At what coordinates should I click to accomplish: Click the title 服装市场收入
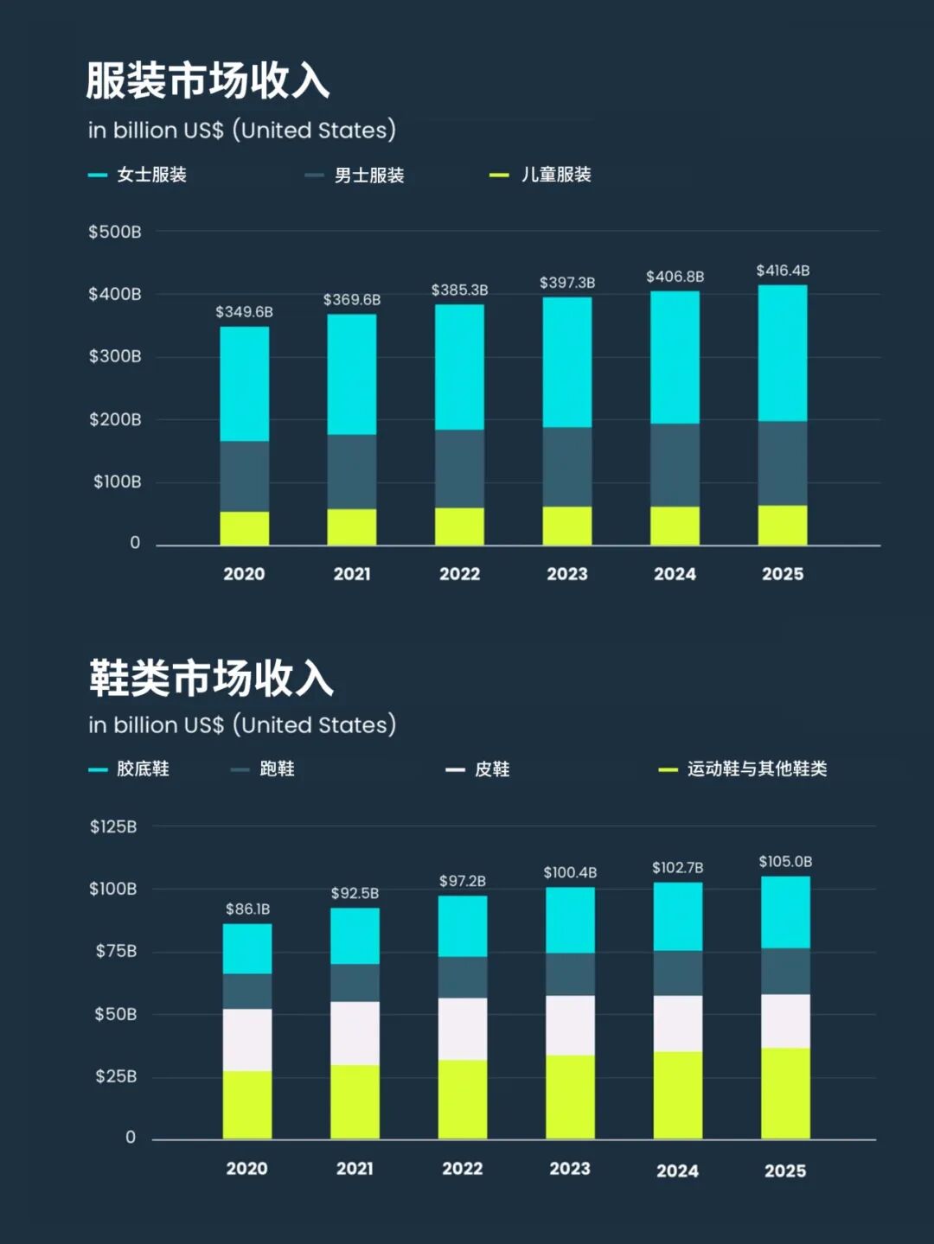[208, 80]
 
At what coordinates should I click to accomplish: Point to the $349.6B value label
[244, 312]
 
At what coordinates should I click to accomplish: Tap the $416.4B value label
[783, 271]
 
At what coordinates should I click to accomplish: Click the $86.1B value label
[247, 909]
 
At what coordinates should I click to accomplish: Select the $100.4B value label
[570, 873]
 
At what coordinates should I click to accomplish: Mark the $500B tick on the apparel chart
[114, 232]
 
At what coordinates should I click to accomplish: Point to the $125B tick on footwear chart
[113, 826]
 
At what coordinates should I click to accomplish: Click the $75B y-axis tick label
[116, 951]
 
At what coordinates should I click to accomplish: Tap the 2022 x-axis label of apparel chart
[459, 574]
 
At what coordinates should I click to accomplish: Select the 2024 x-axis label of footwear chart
[677, 1171]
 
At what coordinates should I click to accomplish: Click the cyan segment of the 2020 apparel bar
[244, 384]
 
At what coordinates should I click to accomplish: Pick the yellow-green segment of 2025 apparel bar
[783, 525]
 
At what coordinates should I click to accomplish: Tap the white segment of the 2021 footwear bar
[355, 1033]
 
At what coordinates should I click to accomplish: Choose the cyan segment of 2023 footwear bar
[570, 920]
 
